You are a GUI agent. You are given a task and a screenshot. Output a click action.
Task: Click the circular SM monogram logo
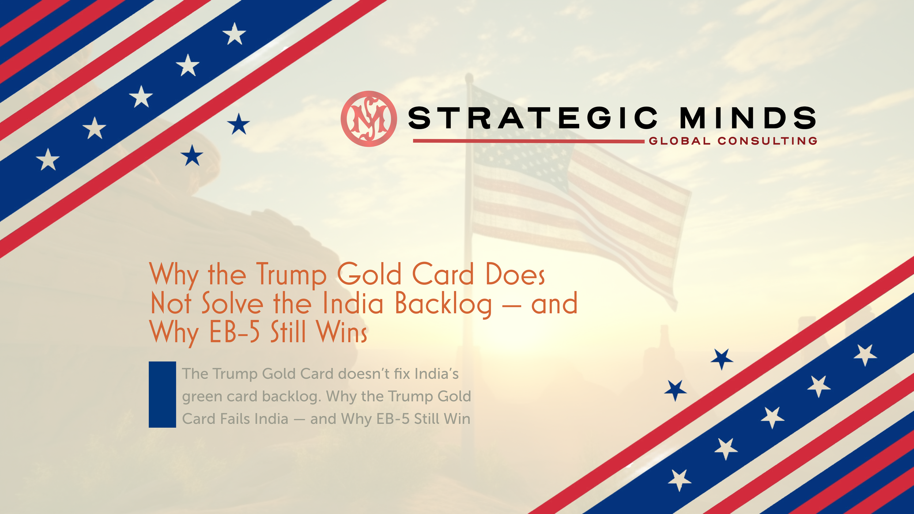pos(369,119)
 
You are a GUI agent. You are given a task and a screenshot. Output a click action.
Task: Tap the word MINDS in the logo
pos(748,118)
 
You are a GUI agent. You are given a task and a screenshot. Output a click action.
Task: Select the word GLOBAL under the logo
pos(680,141)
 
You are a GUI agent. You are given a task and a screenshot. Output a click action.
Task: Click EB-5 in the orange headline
pos(234,332)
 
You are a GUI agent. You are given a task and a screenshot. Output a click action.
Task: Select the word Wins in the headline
pos(342,332)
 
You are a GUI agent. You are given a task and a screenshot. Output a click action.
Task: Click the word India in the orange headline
pos(353,303)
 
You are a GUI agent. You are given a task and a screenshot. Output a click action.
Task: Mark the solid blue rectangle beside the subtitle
pos(162,394)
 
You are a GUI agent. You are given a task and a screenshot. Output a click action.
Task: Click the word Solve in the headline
pos(232,303)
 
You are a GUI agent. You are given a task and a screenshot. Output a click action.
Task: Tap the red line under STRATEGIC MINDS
pos(528,141)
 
